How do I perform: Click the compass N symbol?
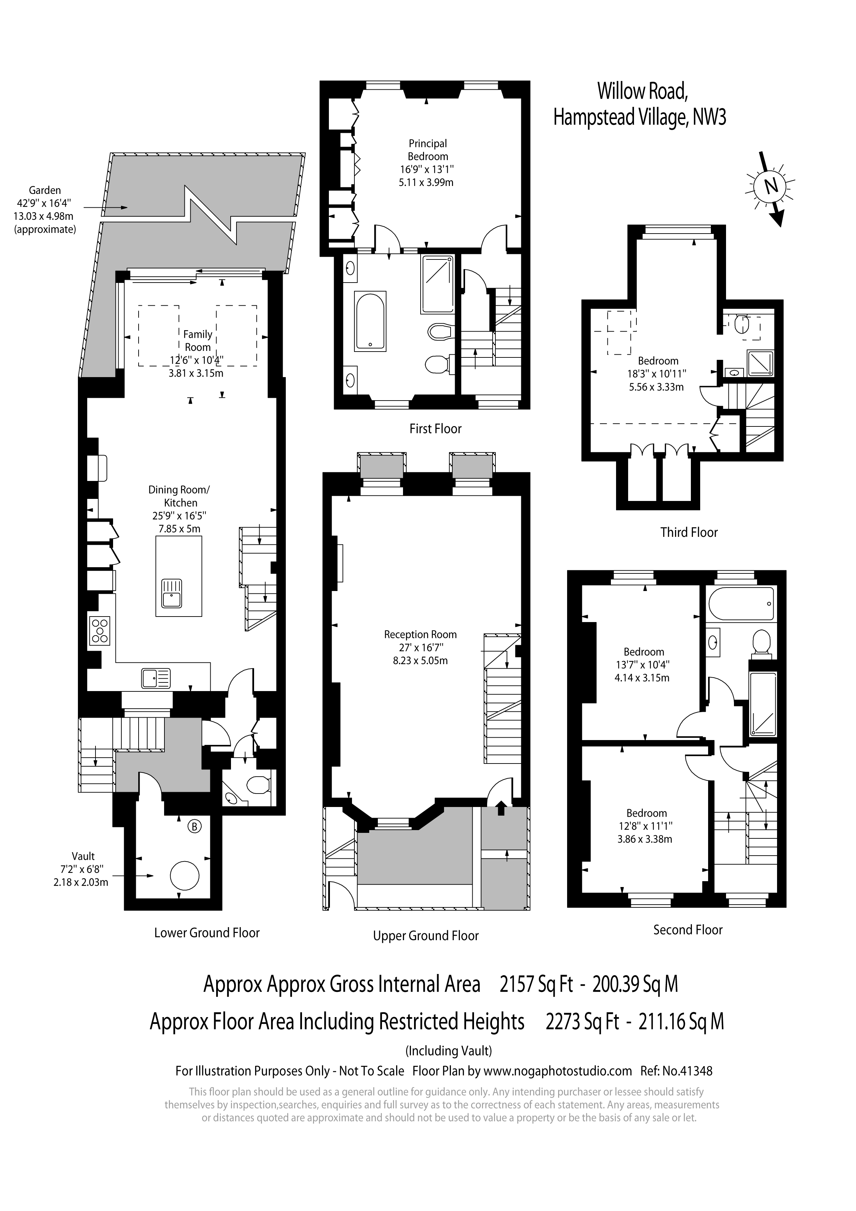pyautogui.click(x=771, y=186)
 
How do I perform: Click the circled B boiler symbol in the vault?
pyautogui.click(x=194, y=827)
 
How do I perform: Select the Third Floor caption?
pyautogui.click(x=688, y=532)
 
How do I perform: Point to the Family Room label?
pyautogui.click(x=198, y=341)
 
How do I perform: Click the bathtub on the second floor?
pyautogui.click(x=742, y=603)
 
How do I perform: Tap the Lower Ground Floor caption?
pyautogui.click(x=207, y=933)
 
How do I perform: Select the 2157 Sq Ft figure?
pyautogui.click(x=535, y=984)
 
